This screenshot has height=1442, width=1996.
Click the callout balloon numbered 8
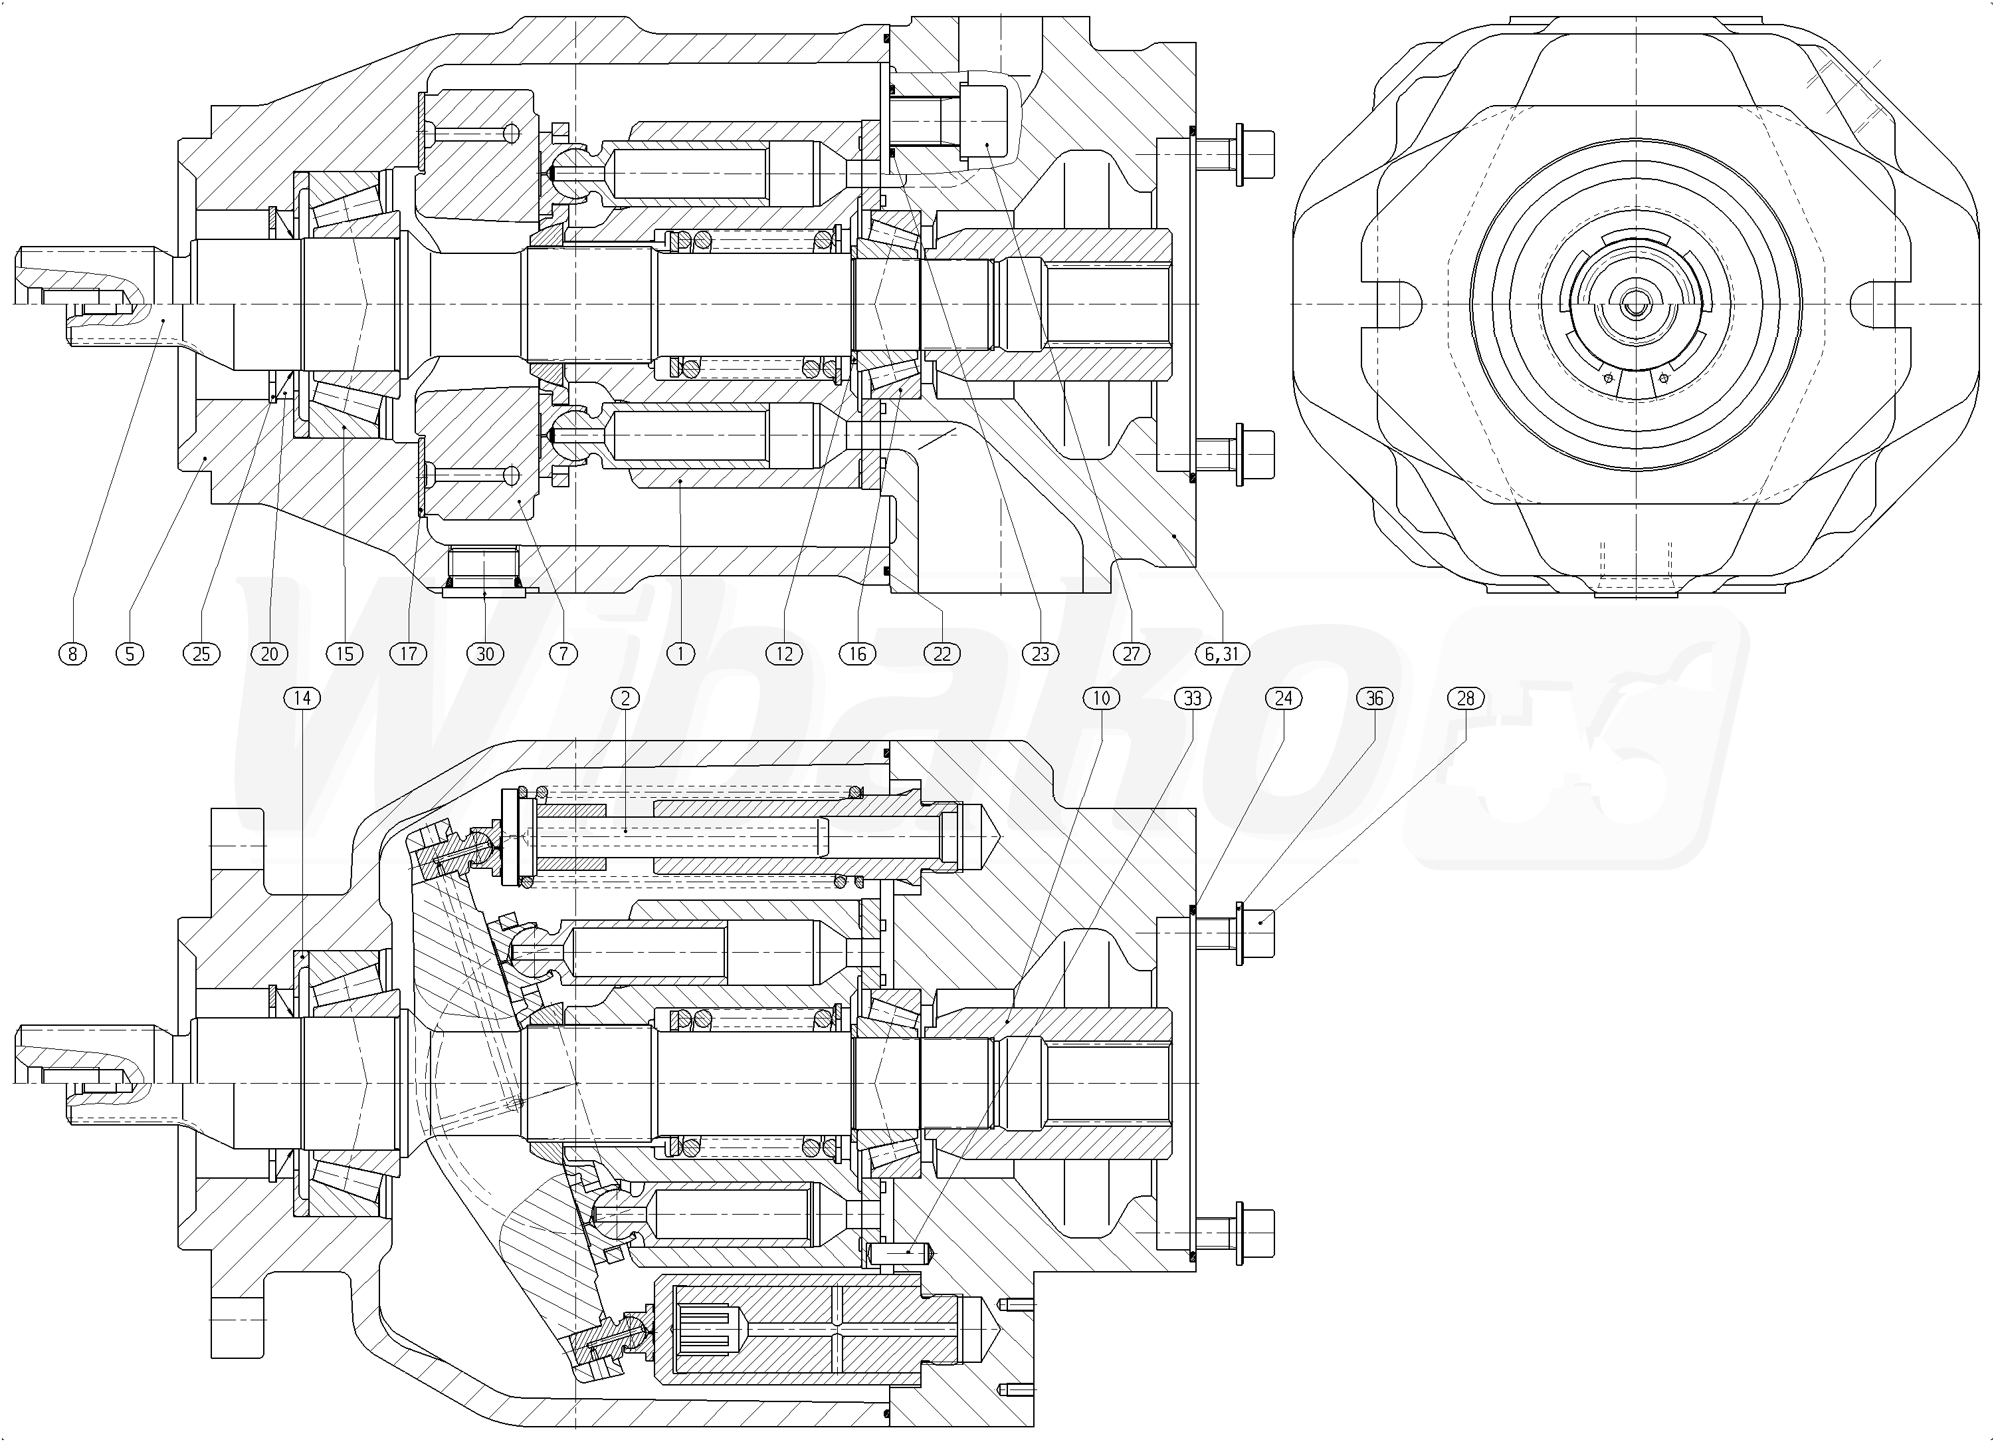[72, 654]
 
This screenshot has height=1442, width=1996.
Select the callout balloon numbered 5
[130, 654]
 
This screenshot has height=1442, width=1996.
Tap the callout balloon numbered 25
[201, 654]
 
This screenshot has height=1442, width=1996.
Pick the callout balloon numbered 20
[269, 654]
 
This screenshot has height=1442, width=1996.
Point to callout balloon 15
[344, 654]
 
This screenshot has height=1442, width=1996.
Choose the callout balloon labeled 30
[485, 654]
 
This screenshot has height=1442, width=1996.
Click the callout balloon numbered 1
[680, 654]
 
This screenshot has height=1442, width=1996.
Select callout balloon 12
[784, 654]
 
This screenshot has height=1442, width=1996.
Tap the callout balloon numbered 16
[858, 654]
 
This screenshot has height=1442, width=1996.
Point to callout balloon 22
[943, 654]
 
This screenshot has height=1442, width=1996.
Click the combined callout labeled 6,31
[1221, 654]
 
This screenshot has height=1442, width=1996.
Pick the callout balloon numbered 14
[302, 699]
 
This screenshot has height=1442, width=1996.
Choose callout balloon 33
[1193, 699]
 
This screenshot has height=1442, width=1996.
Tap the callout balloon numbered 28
[1465, 699]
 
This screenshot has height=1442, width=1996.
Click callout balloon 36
[1375, 699]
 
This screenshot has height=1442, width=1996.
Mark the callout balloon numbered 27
[1131, 654]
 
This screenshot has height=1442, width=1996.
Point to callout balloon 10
[1101, 699]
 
